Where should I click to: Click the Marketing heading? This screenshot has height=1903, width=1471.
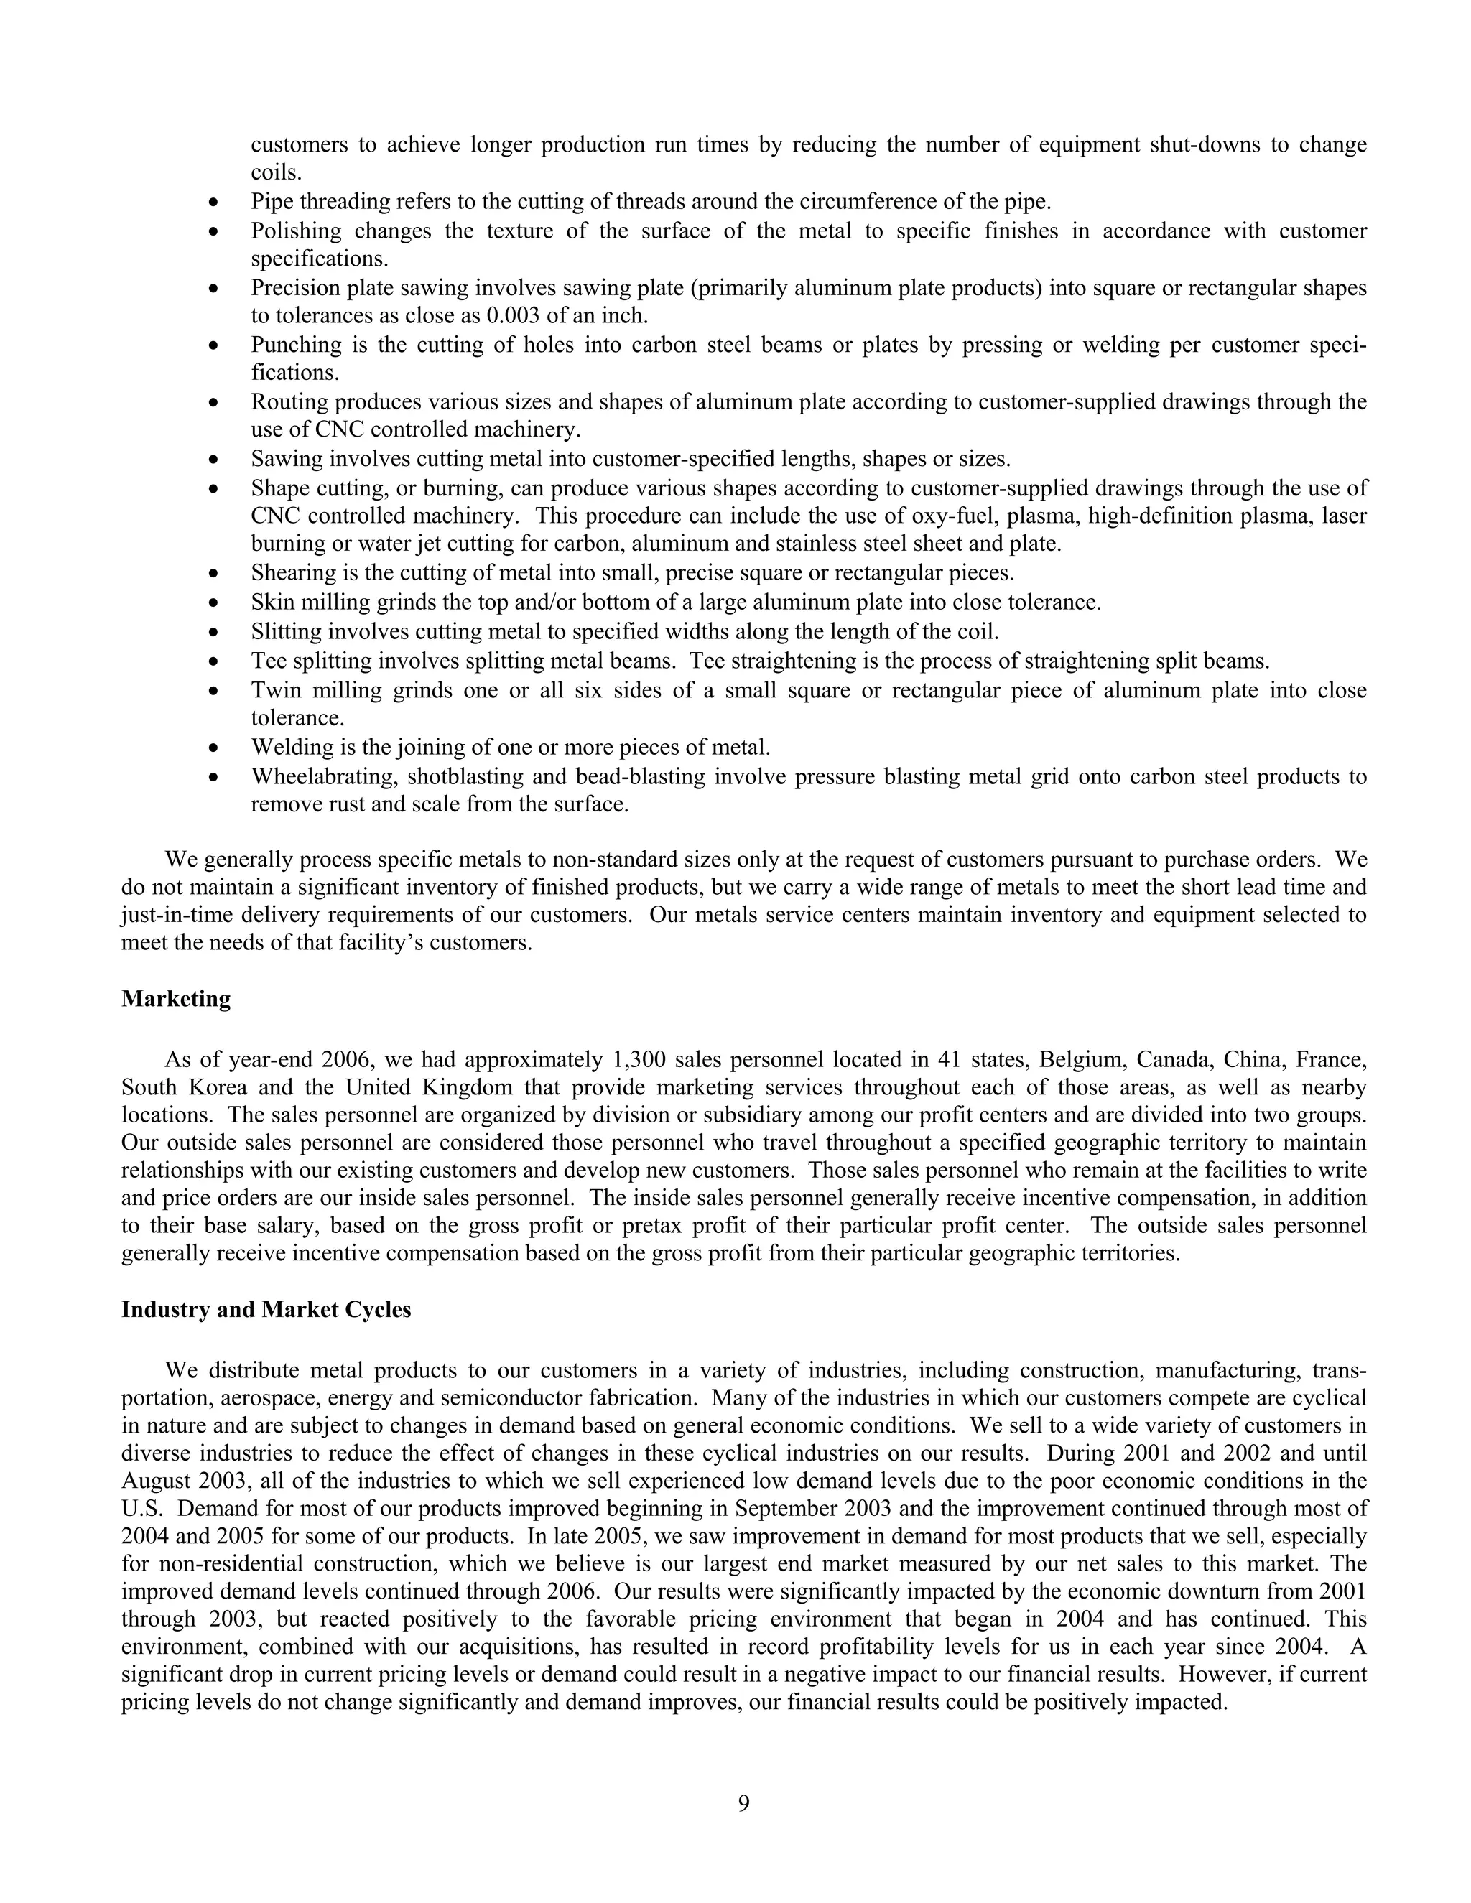(x=176, y=1000)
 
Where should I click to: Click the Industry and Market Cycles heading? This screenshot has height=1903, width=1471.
(x=266, y=1310)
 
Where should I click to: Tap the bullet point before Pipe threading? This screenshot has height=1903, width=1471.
(x=214, y=203)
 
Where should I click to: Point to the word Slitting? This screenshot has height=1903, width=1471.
(x=286, y=631)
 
